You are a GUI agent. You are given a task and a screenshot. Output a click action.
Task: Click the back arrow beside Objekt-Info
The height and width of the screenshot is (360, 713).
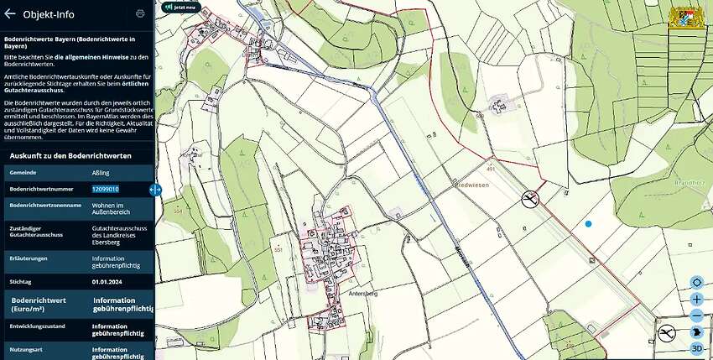[x=10, y=13]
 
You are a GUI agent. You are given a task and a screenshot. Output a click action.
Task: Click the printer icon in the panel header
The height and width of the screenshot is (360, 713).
[x=140, y=13]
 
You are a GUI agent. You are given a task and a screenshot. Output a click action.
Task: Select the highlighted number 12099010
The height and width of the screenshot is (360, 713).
[x=105, y=189]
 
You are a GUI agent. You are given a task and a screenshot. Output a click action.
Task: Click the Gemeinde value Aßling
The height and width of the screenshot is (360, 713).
[x=100, y=172]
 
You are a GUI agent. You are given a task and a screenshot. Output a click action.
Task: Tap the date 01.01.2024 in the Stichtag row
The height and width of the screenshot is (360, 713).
[x=108, y=283]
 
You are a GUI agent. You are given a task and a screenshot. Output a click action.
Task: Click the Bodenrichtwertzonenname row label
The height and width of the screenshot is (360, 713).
[x=44, y=205]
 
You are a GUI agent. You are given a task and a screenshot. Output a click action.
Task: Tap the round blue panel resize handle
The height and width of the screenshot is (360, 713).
[x=154, y=190]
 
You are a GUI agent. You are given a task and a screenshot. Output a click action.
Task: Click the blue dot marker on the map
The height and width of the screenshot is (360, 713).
[x=589, y=223]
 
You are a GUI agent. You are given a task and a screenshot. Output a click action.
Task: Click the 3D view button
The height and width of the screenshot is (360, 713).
[x=696, y=348]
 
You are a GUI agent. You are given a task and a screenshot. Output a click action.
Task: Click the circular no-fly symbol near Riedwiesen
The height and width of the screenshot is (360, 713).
[x=529, y=199]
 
